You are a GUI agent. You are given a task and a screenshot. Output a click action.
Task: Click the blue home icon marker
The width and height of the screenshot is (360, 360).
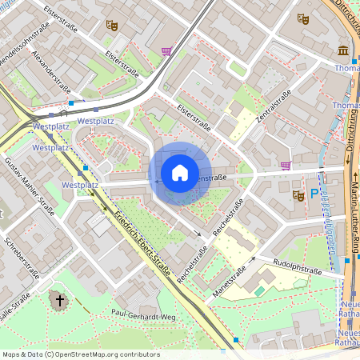tap(180, 173)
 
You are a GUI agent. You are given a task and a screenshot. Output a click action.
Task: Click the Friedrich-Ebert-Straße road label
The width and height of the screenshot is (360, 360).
tap(142, 243)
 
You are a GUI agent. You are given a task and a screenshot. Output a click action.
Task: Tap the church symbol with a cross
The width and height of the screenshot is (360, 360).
tap(58, 301)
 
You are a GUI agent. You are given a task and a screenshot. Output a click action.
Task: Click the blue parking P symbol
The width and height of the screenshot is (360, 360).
tap(314, 194)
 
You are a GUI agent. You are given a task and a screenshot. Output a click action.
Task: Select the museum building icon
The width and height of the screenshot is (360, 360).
tap(342, 51)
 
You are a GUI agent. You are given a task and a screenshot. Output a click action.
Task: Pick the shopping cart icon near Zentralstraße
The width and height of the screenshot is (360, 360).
tap(286, 166)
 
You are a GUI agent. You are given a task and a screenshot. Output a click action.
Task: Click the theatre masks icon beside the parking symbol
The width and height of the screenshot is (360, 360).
tap(299, 194)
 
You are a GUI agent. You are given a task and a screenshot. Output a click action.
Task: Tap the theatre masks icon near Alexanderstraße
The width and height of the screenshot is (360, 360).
tap(112, 26)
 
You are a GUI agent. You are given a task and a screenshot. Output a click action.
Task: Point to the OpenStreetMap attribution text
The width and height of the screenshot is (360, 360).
tap(81, 354)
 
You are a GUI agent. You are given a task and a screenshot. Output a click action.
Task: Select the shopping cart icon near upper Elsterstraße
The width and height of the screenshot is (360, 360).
tap(166, 51)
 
